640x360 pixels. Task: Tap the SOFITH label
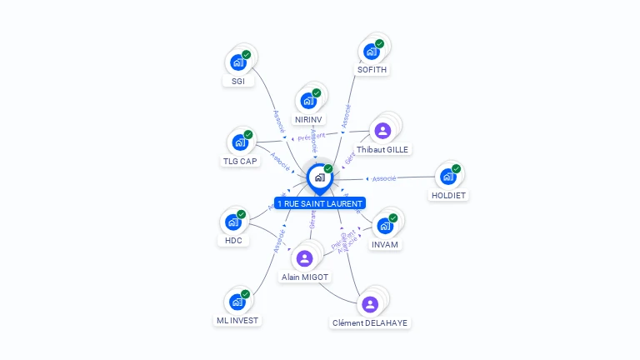click(x=372, y=70)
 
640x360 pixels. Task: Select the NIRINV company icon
click(x=307, y=101)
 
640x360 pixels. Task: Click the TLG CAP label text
click(x=240, y=161)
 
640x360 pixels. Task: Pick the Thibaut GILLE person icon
click(x=382, y=130)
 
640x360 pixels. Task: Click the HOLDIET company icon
click(x=447, y=177)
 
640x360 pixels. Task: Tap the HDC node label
click(x=232, y=241)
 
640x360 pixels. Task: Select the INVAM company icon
click(x=384, y=225)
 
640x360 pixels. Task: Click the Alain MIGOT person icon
click(x=304, y=258)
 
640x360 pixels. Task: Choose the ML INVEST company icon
click(x=237, y=301)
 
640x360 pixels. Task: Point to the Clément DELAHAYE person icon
click(x=370, y=303)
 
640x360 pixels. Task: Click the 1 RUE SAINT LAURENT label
click(x=320, y=203)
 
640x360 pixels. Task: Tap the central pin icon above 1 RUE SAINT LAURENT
click(x=319, y=177)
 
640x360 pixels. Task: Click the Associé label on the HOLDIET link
click(x=384, y=178)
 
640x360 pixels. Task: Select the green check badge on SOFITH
click(x=380, y=43)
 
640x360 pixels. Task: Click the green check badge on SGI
click(x=247, y=54)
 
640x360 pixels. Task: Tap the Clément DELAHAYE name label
click(x=370, y=322)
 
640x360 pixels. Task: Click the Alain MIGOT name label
click(x=305, y=277)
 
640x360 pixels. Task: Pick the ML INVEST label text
click(x=237, y=320)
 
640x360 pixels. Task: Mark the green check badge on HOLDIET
click(x=457, y=168)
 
